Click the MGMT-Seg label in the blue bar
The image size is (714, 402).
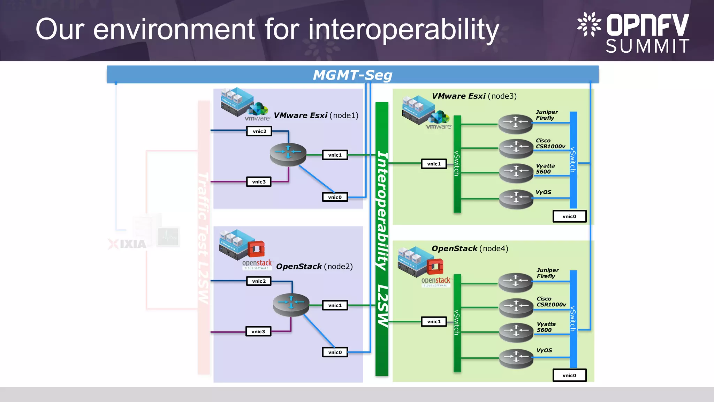point(352,75)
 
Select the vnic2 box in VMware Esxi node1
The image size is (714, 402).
point(259,131)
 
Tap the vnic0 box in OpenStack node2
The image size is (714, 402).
point(335,352)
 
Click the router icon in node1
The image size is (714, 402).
point(288,154)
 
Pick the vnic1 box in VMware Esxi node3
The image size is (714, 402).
point(434,164)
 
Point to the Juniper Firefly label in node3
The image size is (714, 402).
point(546,115)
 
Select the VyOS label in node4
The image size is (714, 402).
point(544,350)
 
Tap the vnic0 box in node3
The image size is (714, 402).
point(569,216)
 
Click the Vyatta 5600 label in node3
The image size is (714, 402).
point(545,169)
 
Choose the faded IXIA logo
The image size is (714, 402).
point(128,244)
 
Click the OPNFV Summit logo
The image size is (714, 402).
point(633,33)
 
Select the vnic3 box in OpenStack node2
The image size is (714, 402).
point(258,332)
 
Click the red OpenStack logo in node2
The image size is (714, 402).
point(256,249)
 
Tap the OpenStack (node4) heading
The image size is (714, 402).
point(470,248)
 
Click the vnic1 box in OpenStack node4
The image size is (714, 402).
point(434,321)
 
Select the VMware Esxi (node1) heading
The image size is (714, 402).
point(316,116)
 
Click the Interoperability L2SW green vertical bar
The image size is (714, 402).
point(382,239)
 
